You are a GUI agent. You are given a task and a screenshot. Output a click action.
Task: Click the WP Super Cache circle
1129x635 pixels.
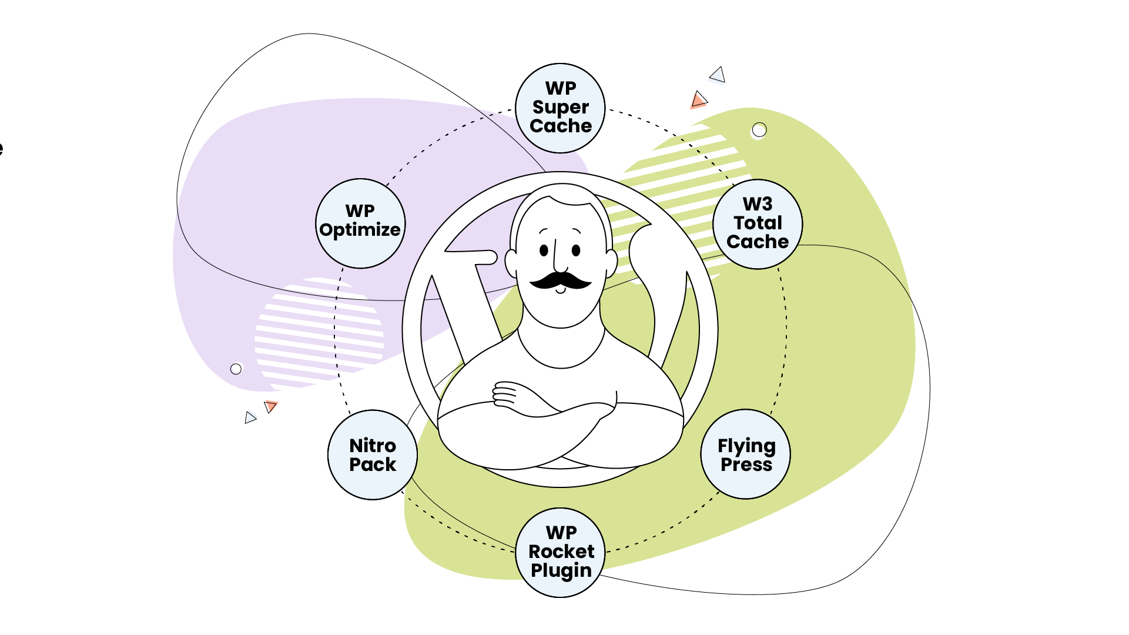(x=560, y=108)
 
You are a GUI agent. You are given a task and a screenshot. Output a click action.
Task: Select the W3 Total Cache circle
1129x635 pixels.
(x=758, y=224)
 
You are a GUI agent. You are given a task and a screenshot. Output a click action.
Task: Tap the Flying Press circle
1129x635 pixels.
(x=746, y=454)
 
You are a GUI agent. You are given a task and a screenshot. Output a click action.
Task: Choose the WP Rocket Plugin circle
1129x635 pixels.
(x=561, y=553)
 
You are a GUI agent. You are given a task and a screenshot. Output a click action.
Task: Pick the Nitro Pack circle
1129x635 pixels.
(x=373, y=455)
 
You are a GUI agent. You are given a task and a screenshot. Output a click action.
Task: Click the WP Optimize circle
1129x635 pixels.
(x=360, y=223)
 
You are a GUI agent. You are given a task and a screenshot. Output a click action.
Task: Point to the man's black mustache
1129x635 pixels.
(x=561, y=280)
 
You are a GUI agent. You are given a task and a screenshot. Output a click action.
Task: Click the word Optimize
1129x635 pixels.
(x=360, y=230)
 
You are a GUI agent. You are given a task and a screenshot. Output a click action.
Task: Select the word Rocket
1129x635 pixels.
(x=561, y=552)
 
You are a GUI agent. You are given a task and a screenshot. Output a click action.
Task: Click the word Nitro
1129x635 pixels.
(x=373, y=446)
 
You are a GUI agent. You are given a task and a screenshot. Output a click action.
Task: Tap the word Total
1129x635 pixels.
(x=758, y=223)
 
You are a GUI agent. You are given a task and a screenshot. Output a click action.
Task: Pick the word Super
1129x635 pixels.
(x=561, y=108)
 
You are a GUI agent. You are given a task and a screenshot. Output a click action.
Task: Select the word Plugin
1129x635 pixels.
(x=561, y=571)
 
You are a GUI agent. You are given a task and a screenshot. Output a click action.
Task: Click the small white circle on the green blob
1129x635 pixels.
(x=759, y=130)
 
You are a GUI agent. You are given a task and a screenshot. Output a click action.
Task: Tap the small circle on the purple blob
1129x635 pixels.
(x=236, y=369)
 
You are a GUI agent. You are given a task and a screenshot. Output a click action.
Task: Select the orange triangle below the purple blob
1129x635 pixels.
(x=270, y=406)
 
